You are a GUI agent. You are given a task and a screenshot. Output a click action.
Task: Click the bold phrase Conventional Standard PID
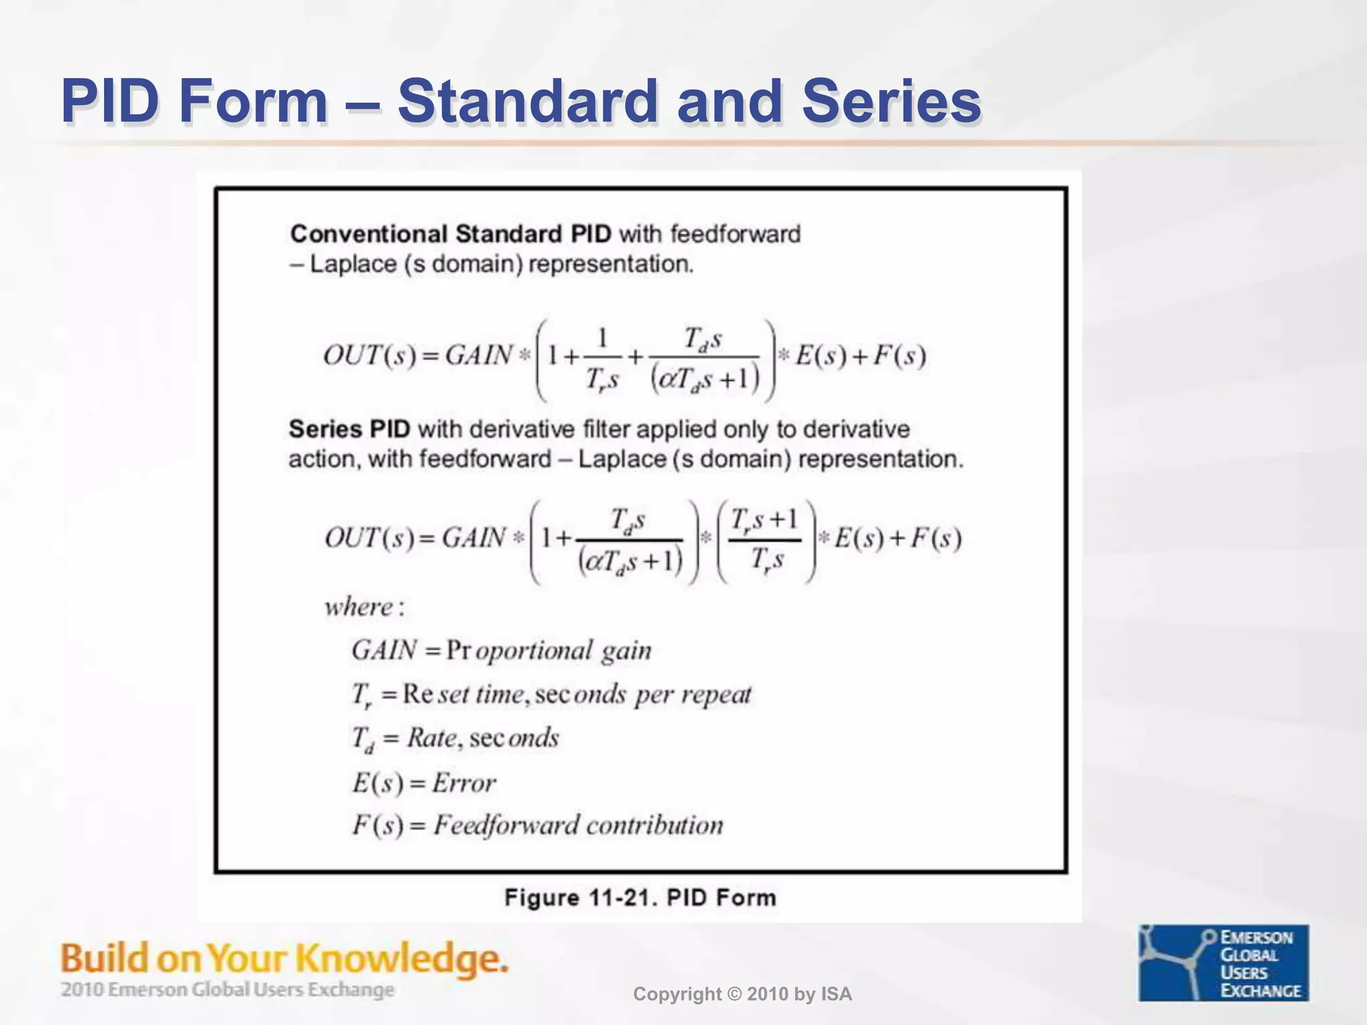(x=451, y=234)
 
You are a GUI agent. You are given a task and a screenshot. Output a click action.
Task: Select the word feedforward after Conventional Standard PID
(x=735, y=234)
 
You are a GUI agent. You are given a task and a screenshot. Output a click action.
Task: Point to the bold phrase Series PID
(x=349, y=429)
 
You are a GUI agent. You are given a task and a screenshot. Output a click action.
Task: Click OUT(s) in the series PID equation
(x=369, y=538)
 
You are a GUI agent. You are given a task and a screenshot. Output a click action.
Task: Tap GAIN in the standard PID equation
(x=479, y=355)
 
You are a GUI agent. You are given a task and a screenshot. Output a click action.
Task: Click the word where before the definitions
(x=359, y=607)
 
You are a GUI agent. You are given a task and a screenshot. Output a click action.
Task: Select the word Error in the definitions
(x=464, y=783)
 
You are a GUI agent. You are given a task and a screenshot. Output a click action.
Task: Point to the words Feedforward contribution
(x=578, y=825)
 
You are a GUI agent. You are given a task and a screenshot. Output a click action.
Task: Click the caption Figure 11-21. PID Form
(x=640, y=898)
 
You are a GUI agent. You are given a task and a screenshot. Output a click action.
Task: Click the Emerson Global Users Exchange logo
(x=1223, y=962)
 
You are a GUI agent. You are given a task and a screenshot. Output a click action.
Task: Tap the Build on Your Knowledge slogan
(x=284, y=958)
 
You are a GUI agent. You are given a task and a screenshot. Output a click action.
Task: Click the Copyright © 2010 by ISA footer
(x=742, y=994)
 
